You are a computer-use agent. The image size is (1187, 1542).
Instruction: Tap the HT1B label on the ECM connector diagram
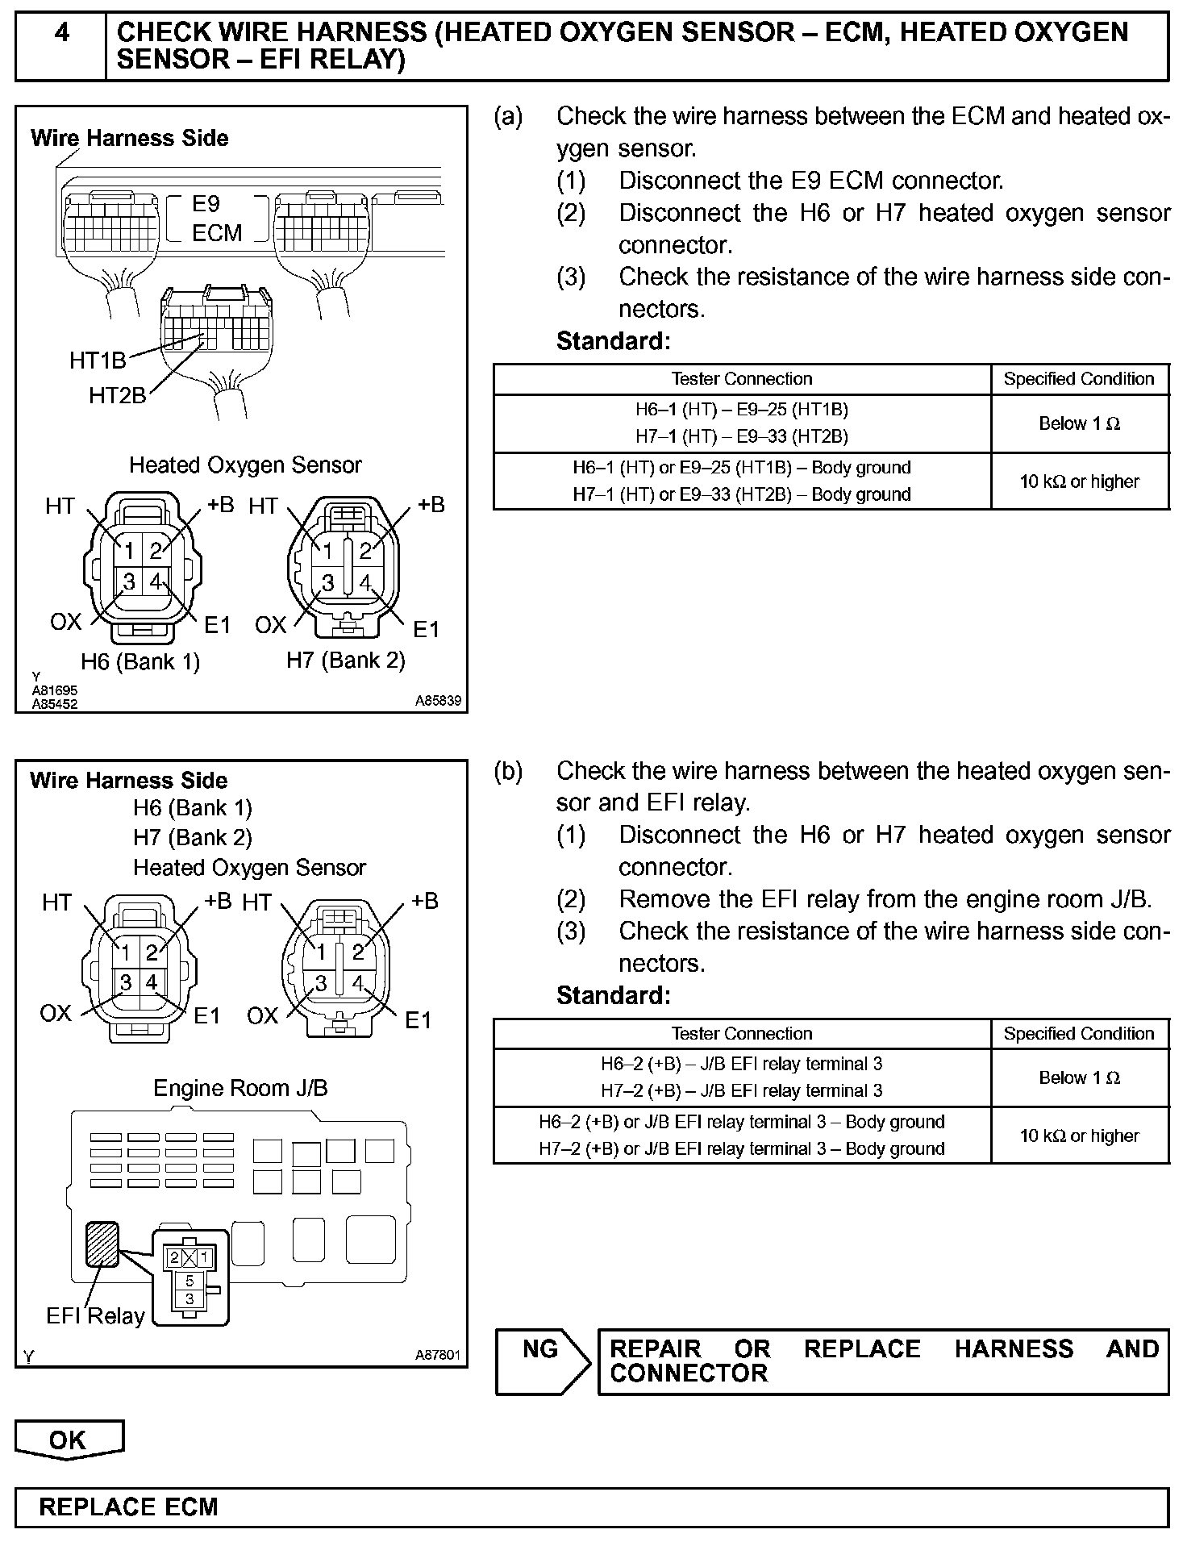tap(98, 360)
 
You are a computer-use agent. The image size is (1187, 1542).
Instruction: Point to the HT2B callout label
tap(118, 395)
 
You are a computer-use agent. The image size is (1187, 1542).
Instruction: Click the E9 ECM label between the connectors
tap(216, 219)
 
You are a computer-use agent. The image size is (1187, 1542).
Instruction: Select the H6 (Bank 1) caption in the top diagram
tap(140, 661)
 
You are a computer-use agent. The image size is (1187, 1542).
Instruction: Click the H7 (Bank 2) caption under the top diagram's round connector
tap(346, 660)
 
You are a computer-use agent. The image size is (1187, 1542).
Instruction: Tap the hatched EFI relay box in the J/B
tap(102, 1244)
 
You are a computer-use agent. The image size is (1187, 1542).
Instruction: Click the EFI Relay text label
tap(95, 1316)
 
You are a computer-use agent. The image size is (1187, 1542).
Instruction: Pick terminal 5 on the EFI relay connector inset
tap(190, 1281)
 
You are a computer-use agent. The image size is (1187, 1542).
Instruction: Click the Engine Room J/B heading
tap(240, 1088)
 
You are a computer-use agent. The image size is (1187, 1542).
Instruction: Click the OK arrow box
tap(69, 1440)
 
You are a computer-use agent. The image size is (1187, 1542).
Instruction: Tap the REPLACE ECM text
tap(128, 1507)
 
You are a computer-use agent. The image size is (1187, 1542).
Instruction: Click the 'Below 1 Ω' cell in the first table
tap(1079, 423)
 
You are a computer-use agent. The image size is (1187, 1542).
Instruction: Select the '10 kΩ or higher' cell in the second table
tap(1079, 1136)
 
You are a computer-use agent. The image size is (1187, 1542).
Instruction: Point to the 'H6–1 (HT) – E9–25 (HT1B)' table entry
tap(741, 410)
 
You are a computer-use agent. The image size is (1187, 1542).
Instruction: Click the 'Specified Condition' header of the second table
tap(1079, 1034)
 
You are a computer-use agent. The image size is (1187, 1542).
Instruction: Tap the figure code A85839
tap(438, 702)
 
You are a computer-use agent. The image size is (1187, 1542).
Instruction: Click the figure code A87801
tap(437, 1356)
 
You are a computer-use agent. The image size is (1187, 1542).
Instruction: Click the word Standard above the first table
tap(613, 341)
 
